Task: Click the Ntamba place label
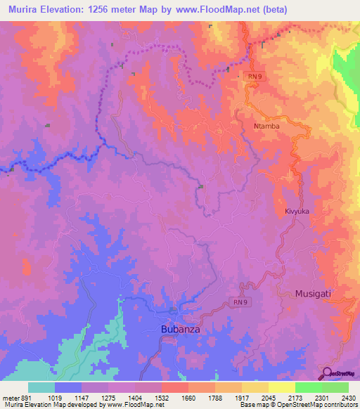point(266,126)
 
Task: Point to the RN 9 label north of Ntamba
point(254,74)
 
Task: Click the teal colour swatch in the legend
point(41,387)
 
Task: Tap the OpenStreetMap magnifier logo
point(328,373)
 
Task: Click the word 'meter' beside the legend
point(11,396)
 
